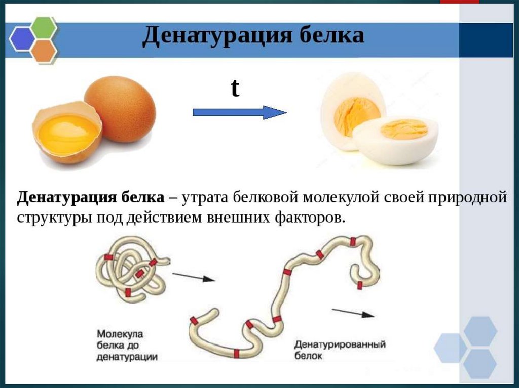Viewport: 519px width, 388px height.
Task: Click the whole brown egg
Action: [x=120, y=108]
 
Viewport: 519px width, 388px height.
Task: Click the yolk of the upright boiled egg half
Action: [x=356, y=115]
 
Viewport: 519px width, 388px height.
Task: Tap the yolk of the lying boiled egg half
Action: [x=404, y=129]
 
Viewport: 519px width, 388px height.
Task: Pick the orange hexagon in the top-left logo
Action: [x=44, y=50]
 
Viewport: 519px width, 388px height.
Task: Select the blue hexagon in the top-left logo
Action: [x=23, y=39]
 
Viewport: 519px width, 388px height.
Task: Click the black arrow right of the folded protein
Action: [x=194, y=277]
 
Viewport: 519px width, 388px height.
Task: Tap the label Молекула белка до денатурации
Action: [x=127, y=346]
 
